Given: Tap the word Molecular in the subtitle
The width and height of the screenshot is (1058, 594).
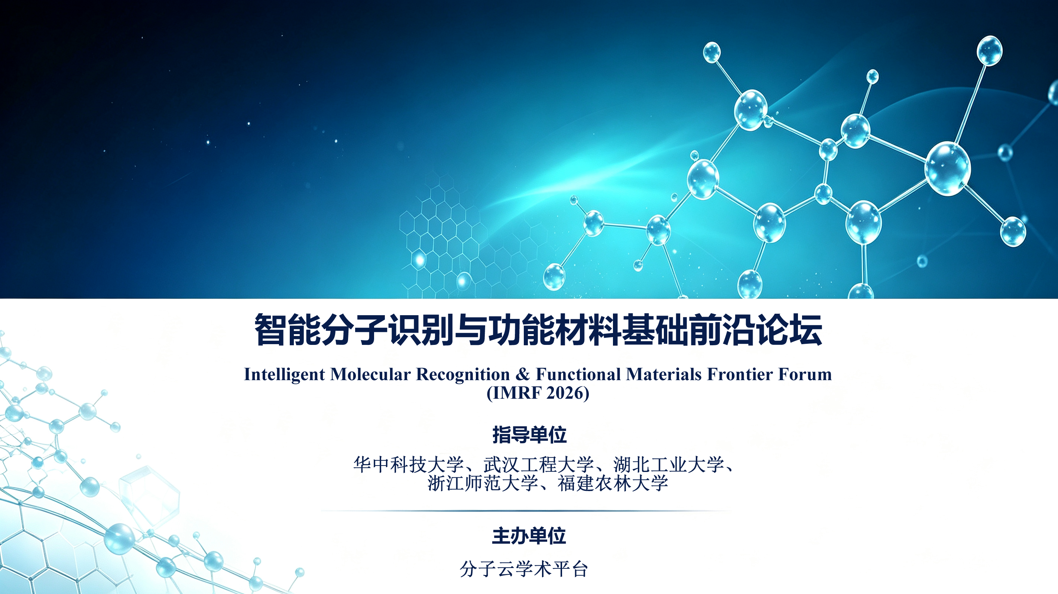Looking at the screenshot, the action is pos(370,374).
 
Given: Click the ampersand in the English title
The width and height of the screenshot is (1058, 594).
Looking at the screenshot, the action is pos(523,374).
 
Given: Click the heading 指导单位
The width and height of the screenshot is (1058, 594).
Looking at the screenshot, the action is pos(529,435).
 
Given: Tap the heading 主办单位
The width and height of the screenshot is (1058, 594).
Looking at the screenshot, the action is pos(529,536).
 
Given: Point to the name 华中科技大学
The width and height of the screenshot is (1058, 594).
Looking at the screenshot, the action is pos(409,465).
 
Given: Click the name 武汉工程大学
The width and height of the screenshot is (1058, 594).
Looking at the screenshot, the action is pos(538,465).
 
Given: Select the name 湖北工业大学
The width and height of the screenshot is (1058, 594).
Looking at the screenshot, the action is pos(669,465).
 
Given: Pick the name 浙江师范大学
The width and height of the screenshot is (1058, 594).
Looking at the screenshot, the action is pos(483,483).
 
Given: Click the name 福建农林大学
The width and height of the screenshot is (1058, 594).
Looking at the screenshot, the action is pos(613,483).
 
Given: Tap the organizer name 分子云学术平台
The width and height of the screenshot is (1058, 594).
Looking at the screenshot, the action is pos(524,569).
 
